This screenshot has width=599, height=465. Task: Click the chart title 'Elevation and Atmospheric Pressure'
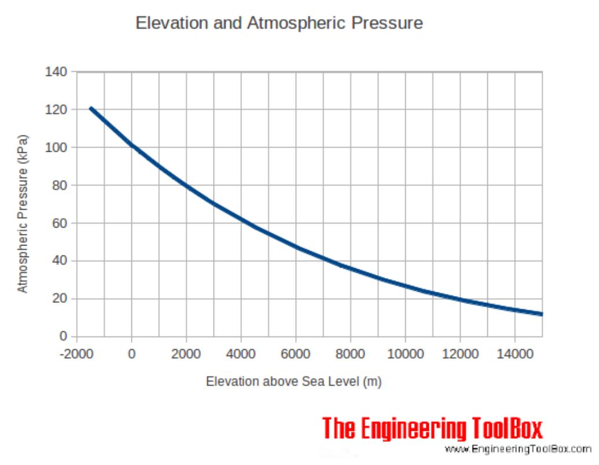coord(279,23)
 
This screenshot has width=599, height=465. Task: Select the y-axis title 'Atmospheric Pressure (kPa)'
coord(23,214)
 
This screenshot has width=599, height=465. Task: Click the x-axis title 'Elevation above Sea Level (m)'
coord(293,382)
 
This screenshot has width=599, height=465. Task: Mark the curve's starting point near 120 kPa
coord(91,108)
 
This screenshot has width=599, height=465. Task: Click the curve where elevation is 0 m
coord(132,145)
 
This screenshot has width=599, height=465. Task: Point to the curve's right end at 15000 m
coord(542,314)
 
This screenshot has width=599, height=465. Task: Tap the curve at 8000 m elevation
coord(351,269)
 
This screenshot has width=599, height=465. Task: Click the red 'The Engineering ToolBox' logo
coord(432,429)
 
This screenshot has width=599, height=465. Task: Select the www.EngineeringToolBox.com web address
coord(518,449)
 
